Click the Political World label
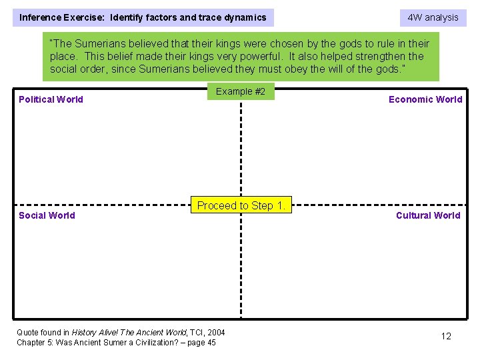point(51,99)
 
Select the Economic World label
point(425,99)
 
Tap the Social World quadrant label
point(47,215)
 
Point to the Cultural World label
point(428,215)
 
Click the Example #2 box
point(241,91)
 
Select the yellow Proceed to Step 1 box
point(241,205)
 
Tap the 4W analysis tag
point(433,17)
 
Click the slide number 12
point(446,336)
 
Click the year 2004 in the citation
point(216,332)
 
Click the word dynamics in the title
point(244,17)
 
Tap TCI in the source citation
point(196,332)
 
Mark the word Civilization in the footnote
point(149,343)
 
